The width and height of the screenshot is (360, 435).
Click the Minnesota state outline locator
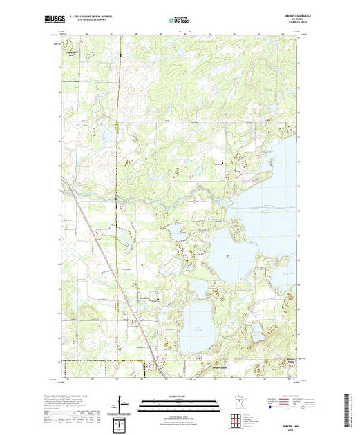[240, 404]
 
